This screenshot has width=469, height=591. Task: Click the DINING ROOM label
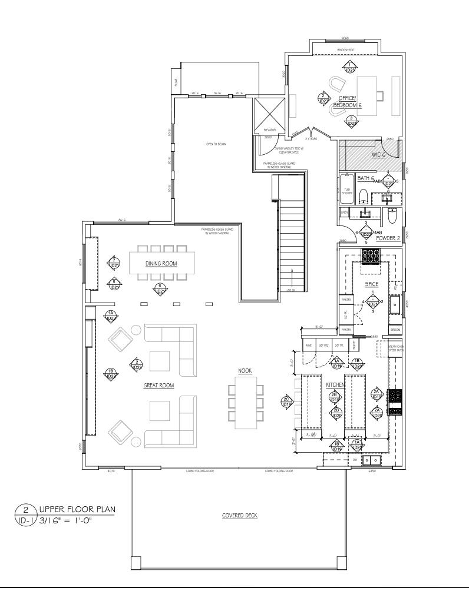click(x=161, y=264)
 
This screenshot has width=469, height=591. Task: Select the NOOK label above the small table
click(x=245, y=371)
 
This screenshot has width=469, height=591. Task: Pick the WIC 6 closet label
click(x=378, y=155)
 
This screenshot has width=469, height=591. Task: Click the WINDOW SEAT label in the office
click(x=345, y=50)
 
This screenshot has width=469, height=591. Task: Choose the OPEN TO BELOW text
click(x=216, y=144)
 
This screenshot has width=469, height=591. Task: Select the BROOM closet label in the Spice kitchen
click(x=395, y=330)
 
